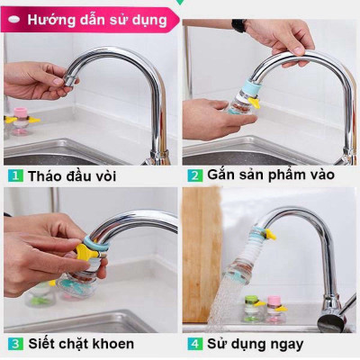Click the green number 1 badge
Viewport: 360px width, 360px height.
click(x=15, y=175)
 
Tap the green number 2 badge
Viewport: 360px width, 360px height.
click(x=193, y=175)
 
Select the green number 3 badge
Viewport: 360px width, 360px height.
click(x=15, y=343)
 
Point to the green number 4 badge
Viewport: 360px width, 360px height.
click(x=193, y=343)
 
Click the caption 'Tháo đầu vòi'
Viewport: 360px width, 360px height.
click(x=72, y=175)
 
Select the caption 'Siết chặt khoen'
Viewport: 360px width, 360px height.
click(x=81, y=343)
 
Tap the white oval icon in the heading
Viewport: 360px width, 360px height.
click(x=13, y=19)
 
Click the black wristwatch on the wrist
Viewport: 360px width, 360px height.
click(x=238, y=25)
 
